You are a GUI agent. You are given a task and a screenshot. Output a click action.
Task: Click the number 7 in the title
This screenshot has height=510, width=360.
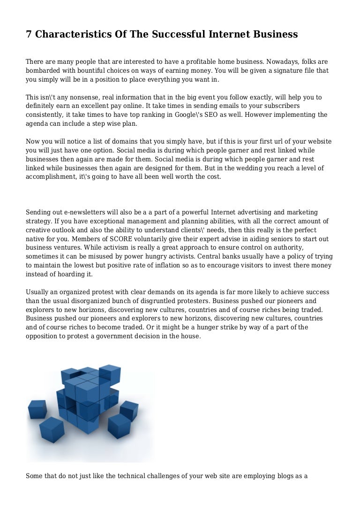pyautogui.click(x=29, y=34)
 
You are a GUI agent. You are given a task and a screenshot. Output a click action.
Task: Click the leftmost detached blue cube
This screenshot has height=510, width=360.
pyautogui.click(x=37, y=409)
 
